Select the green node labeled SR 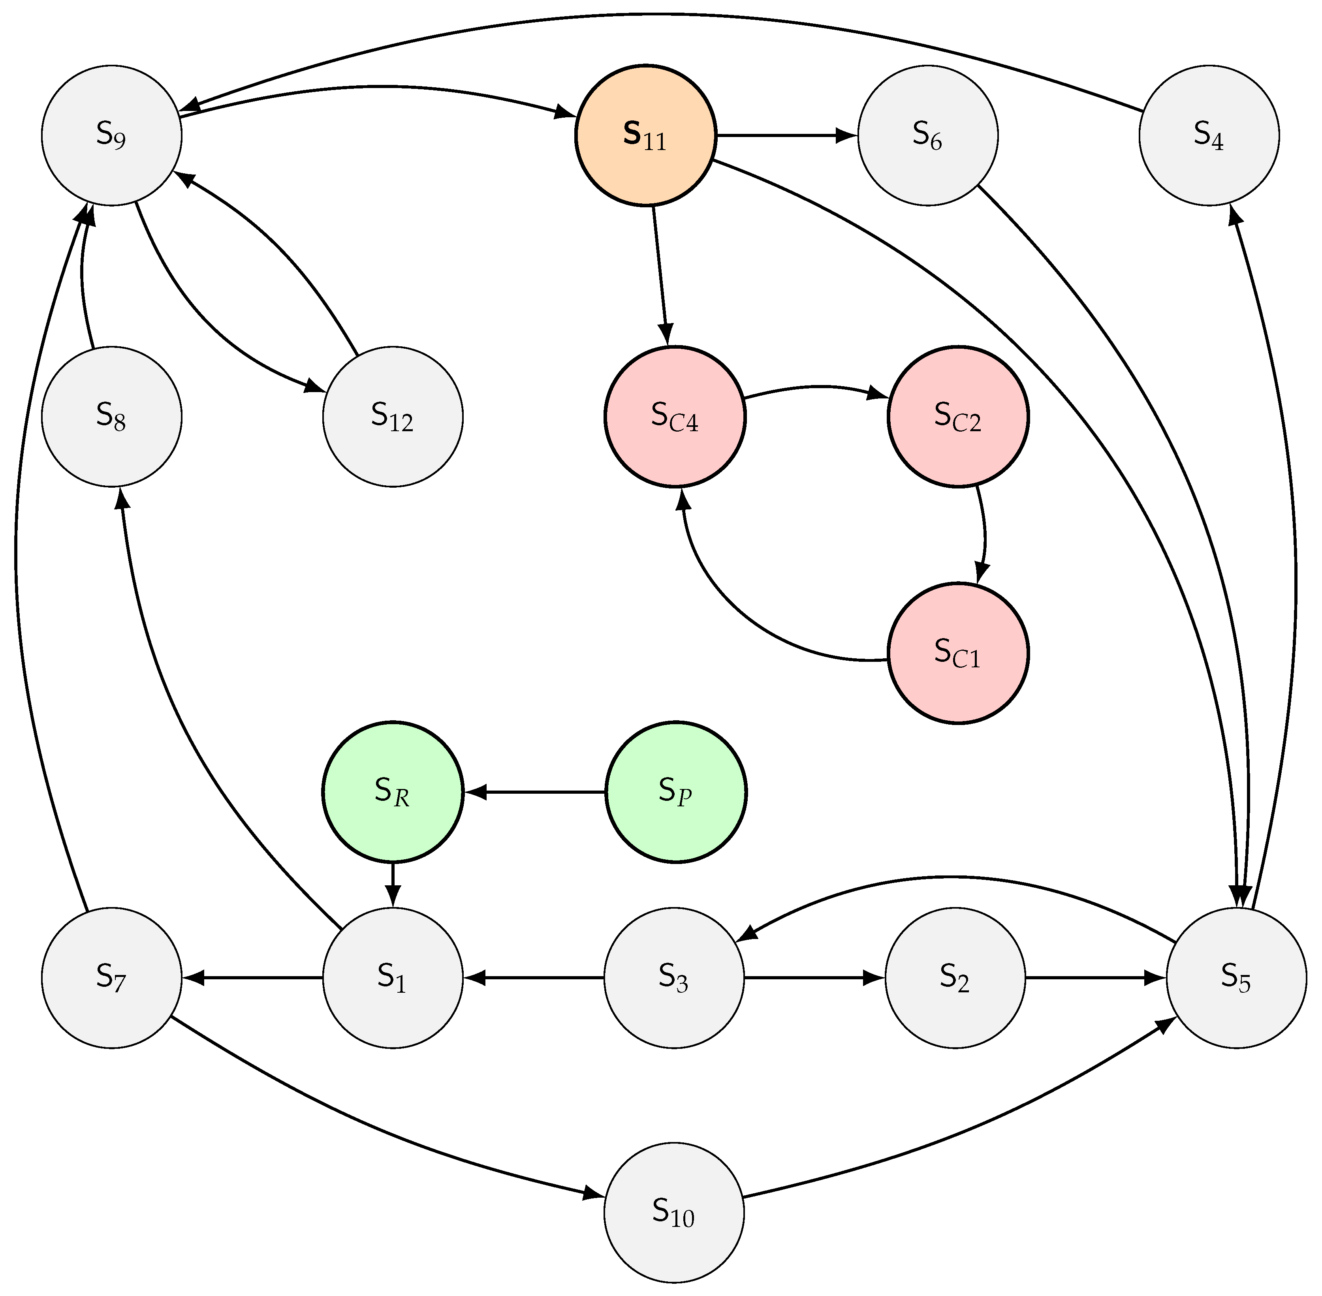tap(393, 792)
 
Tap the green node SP tap(675, 792)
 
